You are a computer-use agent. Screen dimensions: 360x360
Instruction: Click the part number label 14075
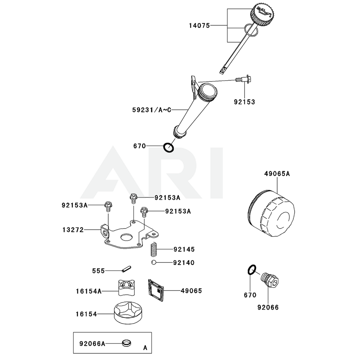199,26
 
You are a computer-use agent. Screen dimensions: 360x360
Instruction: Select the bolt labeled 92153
243,80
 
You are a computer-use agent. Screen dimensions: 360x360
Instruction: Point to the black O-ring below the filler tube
168,147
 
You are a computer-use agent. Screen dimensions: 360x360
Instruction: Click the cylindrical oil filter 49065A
272,214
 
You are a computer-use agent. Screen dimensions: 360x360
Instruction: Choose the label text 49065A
277,174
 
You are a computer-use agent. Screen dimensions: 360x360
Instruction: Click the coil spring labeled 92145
154,249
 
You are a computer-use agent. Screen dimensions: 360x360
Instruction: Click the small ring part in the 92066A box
126,343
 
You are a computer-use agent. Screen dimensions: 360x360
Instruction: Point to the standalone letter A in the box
145,348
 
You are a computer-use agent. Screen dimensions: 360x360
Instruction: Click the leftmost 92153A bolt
108,206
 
